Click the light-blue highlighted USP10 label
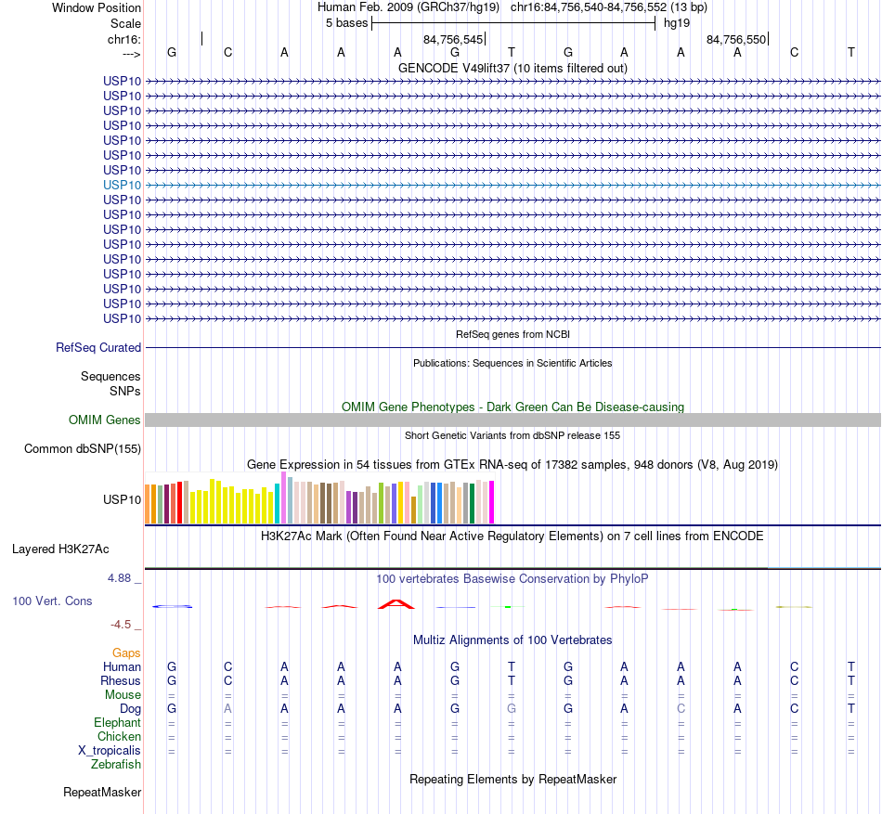(123, 185)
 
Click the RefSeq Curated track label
(98, 348)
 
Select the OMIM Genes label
(105, 420)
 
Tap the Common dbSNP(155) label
(82, 449)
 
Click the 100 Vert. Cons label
(52, 601)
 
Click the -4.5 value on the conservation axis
(123, 625)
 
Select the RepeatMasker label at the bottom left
(102, 793)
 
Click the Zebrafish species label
(116, 765)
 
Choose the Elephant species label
(117, 723)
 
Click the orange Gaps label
(126, 653)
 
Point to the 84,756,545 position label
(453, 40)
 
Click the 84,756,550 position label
(736, 40)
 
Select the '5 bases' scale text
(346, 22)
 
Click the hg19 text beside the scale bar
(677, 22)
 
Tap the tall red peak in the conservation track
(397, 603)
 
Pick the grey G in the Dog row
(512, 709)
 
